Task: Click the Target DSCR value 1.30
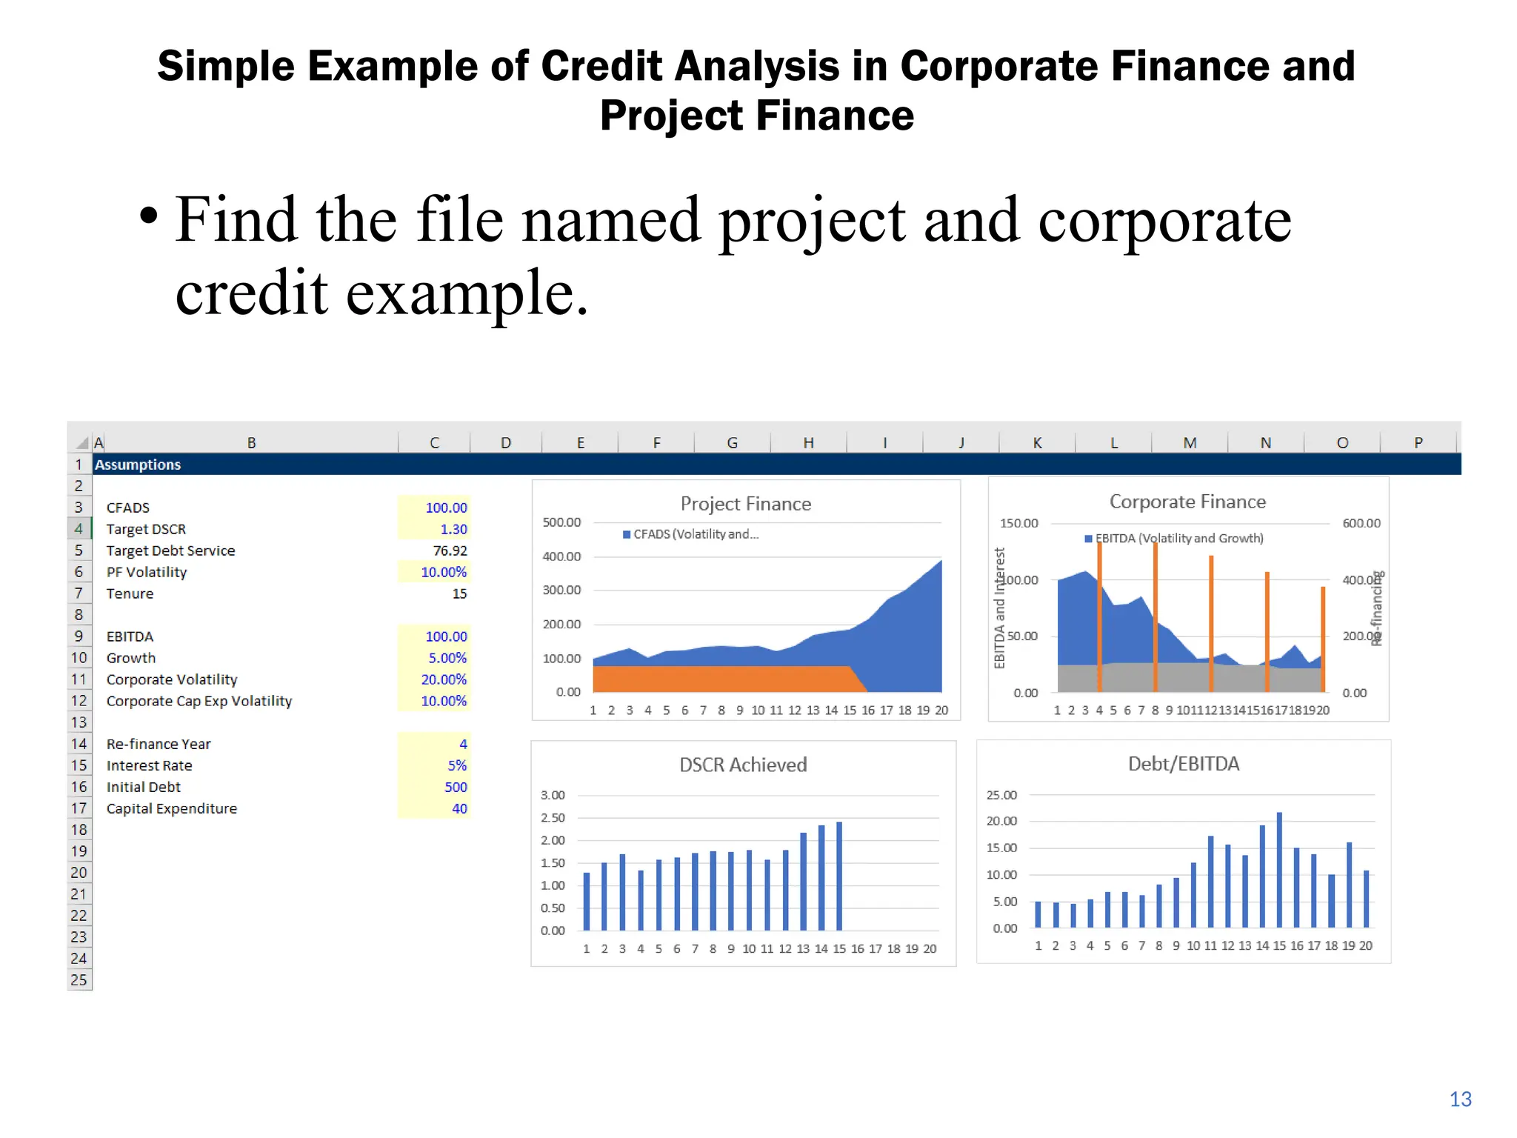[x=453, y=529]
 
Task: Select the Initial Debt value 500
[x=456, y=787]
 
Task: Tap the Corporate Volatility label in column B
[x=172, y=679]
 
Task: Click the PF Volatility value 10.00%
[x=444, y=572]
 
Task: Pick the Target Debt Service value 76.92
[x=450, y=550]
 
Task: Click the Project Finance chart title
[x=745, y=504]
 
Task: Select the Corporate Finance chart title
[x=1187, y=502]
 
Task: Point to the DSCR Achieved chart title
[x=743, y=765]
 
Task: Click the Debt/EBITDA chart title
[x=1183, y=764]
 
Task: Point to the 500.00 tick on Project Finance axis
[x=561, y=522]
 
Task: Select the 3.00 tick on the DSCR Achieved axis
[x=553, y=795]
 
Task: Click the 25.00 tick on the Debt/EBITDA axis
[x=1001, y=795]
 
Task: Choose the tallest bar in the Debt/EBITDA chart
[x=1279, y=871]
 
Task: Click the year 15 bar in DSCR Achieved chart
[x=839, y=876]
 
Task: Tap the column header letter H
[x=808, y=442]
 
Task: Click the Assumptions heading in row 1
[x=138, y=465]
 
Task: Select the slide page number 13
[x=1460, y=1099]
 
